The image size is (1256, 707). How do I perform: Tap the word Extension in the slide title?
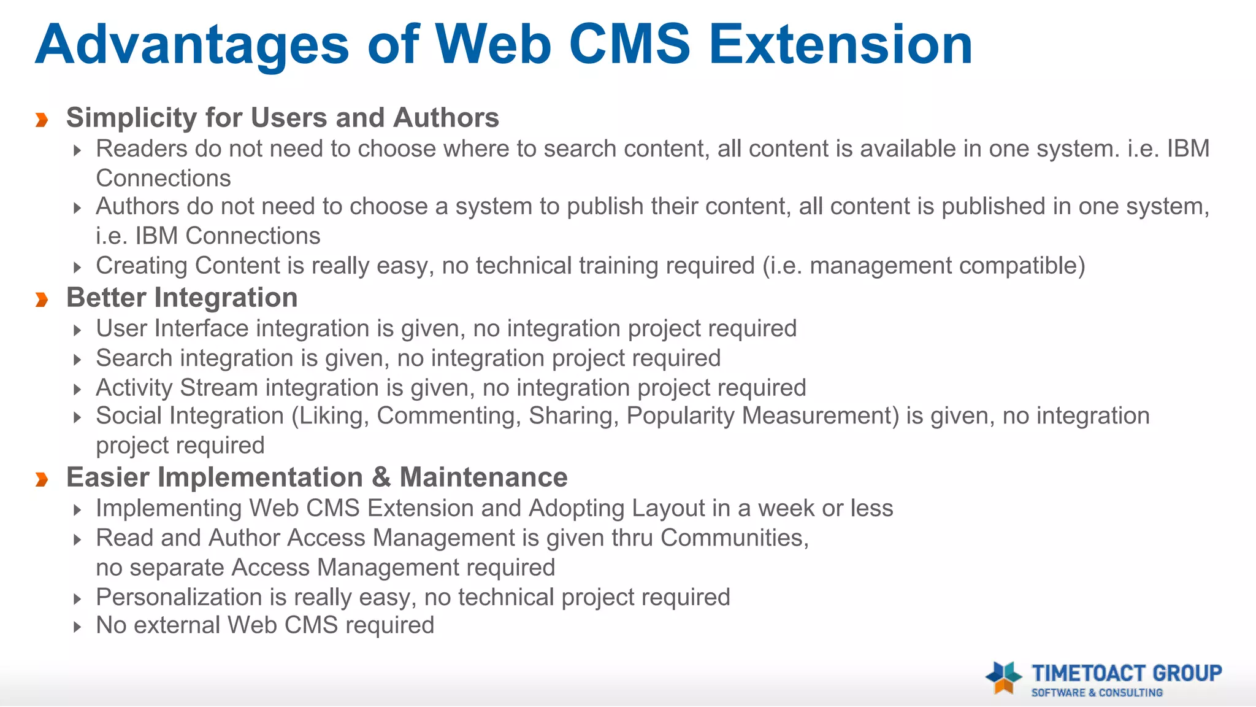click(x=840, y=45)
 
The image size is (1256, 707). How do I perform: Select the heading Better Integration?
click(x=182, y=298)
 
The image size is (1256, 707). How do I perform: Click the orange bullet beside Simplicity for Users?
click(x=42, y=118)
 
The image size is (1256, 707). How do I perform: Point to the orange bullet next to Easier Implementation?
click(x=42, y=479)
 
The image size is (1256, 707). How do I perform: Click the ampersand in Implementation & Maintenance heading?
click(x=381, y=477)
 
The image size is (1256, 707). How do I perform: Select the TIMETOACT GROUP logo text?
click(x=1127, y=673)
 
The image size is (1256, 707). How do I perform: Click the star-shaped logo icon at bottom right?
click(x=1003, y=677)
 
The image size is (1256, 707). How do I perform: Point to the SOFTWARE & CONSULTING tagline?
click(x=1097, y=693)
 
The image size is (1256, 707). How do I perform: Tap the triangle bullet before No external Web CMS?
click(x=77, y=627)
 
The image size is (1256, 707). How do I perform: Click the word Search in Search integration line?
click(x=134, y=358)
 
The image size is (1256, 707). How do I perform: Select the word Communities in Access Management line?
click(x=734, y=538)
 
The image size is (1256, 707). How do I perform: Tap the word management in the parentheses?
click(x=880, y=266)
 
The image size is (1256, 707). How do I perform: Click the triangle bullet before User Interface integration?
click(x=77, y=331)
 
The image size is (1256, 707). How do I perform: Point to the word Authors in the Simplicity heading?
click(x=446, y=118)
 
